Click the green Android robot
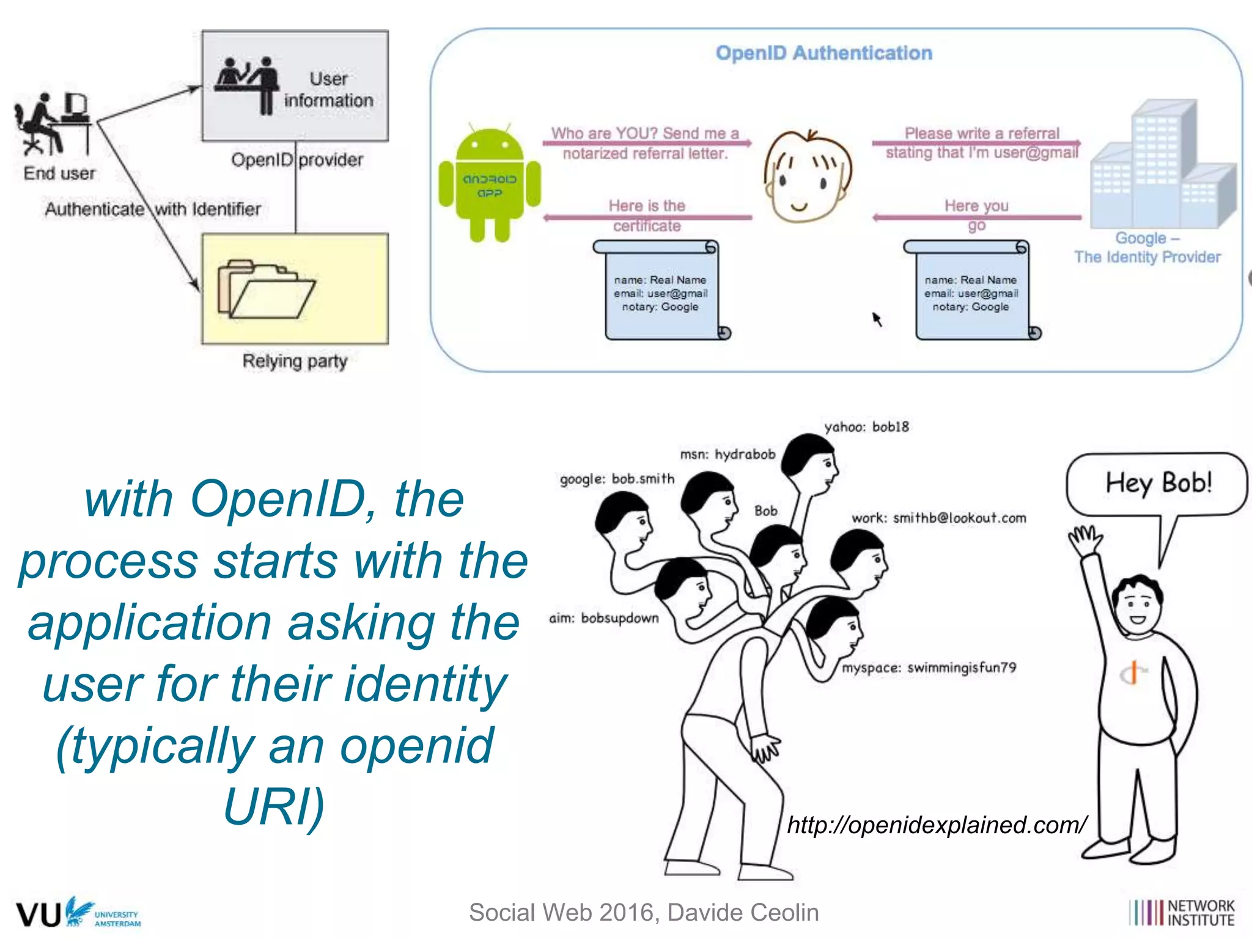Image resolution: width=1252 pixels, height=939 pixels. coord(490,183)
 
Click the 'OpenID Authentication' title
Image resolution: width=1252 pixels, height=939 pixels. coord(823,53)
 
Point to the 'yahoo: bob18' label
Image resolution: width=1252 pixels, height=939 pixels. coord(866,427)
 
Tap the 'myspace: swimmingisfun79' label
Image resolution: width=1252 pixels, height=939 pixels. coord(929,668)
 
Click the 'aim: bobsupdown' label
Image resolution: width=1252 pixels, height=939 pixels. coord(603,618)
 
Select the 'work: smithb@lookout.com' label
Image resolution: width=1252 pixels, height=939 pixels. coord(938,518)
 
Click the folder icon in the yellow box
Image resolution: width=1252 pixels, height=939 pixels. coord(266,290)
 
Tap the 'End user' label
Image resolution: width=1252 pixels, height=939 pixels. coord(59,174)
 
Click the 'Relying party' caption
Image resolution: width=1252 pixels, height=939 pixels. coord(295,361)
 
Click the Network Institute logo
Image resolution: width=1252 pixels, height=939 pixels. coord(1181,913)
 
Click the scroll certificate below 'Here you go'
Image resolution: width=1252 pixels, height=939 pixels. coord(971,290)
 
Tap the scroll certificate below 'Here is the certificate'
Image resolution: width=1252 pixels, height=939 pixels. coord(661,290)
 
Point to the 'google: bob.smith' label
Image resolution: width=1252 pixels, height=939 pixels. coord(617,479)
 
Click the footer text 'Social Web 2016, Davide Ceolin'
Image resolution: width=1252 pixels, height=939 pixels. coord(643,912)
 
